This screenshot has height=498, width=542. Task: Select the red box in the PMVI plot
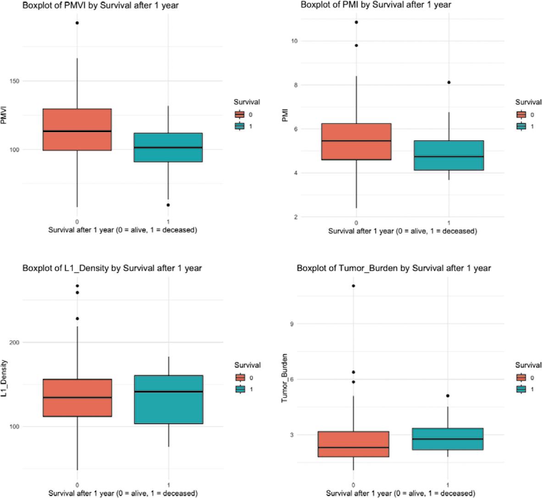tap(77, 129)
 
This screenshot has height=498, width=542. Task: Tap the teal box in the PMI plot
tap(448, 155)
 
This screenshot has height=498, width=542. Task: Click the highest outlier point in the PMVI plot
tap(77, 23)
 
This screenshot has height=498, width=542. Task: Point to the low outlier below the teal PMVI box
tap(168, 205)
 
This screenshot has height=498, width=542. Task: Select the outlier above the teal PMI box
tap(448, 83)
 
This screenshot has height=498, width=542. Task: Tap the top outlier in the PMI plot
tap(356, 22)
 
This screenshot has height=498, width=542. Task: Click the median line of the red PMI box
tap(356, 141)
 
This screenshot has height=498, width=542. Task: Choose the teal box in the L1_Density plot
tap(169, 399)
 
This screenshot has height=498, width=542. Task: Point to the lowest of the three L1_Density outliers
tap(77, 318)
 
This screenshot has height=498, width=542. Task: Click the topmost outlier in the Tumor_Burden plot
tap(354, 286)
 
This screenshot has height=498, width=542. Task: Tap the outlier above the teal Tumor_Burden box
tap(448, 396)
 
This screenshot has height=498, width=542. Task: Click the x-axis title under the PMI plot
tap(402, 231)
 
